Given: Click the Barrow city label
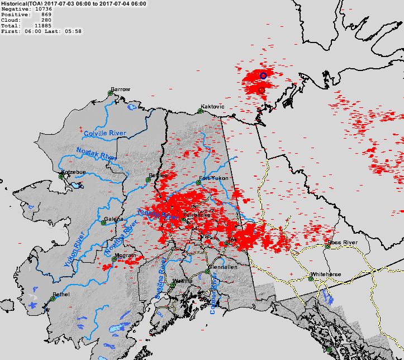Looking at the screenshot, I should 120,89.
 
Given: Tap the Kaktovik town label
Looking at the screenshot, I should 212,106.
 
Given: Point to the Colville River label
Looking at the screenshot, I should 105,134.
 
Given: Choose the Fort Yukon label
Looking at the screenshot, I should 212,179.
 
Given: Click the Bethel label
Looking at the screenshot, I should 61,294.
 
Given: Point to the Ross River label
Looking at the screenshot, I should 343,242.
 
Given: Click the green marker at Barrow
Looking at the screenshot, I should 111,93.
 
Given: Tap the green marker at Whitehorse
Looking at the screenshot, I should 311,278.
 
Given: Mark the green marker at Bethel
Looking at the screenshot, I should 53,299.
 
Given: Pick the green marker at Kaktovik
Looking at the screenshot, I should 201,111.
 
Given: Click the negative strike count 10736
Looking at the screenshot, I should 43,9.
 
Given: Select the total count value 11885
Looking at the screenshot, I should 43,26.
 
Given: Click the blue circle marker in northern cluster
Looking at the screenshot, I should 263,75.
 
